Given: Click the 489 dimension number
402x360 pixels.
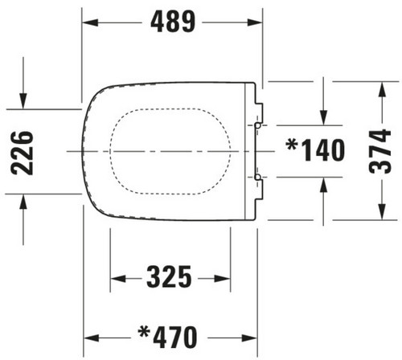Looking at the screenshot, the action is coord(173,22).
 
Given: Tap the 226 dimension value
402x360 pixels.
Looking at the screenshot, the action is coord(22,153).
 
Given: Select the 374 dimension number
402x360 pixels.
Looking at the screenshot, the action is coord(379,151).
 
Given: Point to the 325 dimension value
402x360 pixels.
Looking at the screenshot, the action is coord(169,276).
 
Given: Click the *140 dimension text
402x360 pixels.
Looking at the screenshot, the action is coord(315,150).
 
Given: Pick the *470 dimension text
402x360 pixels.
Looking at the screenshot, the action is coord(167,337).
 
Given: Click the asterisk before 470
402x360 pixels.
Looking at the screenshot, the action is coord(144,332).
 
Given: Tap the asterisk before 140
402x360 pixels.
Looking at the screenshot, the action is coord(292,145).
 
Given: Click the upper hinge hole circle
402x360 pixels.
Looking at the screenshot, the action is coord(258,125).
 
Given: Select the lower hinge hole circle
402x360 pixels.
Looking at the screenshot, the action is coord(258,177).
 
